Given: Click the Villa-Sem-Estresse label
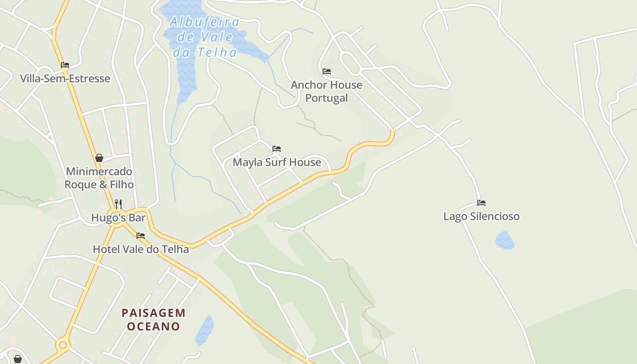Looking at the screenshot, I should pos(65,79).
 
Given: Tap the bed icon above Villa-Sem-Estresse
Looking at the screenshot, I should pos(65,65).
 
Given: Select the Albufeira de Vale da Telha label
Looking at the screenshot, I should pos(205,37).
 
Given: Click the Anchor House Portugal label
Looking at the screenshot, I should pos(326,91).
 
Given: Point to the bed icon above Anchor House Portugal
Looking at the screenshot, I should pos(327,71).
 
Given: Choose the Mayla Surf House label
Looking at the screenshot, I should pos(277,162).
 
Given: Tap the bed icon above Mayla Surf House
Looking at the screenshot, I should pos(277,149).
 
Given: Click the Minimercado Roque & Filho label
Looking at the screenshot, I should pos(99,178).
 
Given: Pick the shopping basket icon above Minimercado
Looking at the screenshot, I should pos(99,158).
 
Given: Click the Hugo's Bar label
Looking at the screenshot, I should pos(118,217).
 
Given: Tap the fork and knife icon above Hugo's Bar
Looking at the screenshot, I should pos(118,203).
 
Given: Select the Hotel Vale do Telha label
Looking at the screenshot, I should pos(141,249).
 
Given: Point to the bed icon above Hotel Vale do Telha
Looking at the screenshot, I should pos(141,235).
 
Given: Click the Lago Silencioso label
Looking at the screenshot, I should pos(481,216).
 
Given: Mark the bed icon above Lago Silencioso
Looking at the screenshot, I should pos(481,202).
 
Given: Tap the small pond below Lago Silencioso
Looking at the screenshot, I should pos(505,240).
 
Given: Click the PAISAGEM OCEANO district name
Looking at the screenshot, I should pos(153,319).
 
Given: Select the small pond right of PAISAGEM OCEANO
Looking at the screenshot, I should pos(204,330).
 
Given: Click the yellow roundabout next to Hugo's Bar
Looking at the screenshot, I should pos(117,217).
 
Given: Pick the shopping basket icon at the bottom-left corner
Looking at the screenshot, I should pos(17,359).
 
